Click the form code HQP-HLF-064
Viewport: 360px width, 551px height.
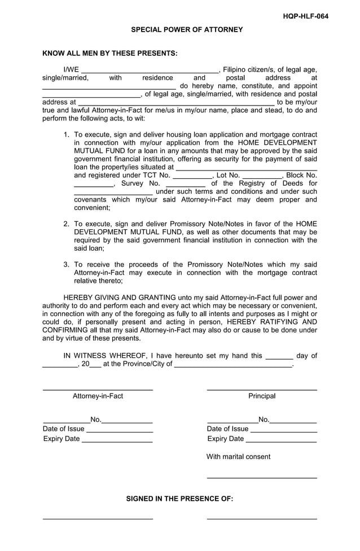pos(305,16)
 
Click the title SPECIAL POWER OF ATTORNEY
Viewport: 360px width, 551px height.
pos(187,29)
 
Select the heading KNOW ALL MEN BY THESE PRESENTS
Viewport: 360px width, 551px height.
pos(110,54)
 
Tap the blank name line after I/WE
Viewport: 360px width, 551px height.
pos(150,71)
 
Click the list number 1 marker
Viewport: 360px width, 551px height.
pos(66,135)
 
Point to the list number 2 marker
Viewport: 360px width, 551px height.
pos(66,224)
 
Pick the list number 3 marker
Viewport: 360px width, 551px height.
pos(66,264)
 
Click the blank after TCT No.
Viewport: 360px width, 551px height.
pos(192,177)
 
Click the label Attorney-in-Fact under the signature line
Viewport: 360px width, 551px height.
pos(98,396)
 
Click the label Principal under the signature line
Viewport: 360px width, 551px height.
pos(262,396)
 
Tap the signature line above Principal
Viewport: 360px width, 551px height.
pos(262,390)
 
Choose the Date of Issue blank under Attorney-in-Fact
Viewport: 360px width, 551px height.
pos(120,432)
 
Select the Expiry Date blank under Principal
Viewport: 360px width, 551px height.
pos(281,441)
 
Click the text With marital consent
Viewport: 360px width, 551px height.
pos(238,457)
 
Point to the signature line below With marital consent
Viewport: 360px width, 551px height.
pos(262,478)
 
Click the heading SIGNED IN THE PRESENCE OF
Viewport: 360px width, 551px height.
pos(179,498)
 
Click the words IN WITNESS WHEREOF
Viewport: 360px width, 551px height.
pos(104,356)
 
